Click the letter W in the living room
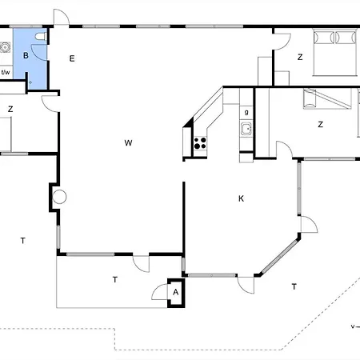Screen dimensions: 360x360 (128, 142)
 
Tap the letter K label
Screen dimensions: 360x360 (241, 198)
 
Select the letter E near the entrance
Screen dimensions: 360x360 (72, 58)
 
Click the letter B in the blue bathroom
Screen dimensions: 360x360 (26, 55)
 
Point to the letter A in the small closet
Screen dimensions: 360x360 (175, 292)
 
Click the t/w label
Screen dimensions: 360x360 (6, 72)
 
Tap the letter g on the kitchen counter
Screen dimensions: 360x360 (246, 112)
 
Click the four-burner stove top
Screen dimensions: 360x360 (200, 143)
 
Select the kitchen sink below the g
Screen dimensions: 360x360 (246, 129)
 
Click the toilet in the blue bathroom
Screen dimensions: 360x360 (41, 36)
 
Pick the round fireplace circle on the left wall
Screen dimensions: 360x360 (59, 197)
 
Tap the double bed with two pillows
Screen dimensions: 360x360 (335, 53)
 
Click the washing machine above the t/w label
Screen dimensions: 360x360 (5, 47)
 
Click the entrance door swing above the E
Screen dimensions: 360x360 (62, 17)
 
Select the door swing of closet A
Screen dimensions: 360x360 (159, 292)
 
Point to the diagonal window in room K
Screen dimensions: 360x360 (279, 257)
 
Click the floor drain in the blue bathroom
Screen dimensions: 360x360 (30, 82)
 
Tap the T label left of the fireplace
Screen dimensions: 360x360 (23, 241)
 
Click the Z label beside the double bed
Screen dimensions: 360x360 (300, 57)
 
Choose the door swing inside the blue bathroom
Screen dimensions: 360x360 (39, 52)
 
